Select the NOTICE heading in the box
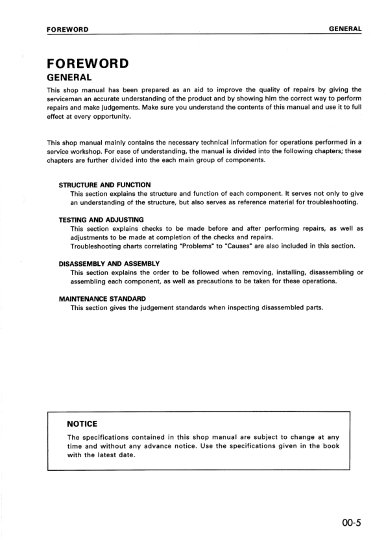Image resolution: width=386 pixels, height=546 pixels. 82,423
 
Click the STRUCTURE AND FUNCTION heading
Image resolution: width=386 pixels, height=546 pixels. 104,185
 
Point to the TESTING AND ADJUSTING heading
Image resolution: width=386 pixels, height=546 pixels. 101,220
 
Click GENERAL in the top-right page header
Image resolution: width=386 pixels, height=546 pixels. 345,29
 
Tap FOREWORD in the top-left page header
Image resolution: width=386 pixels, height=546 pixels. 67,29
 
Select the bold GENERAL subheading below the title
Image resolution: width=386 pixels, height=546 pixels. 72,78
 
